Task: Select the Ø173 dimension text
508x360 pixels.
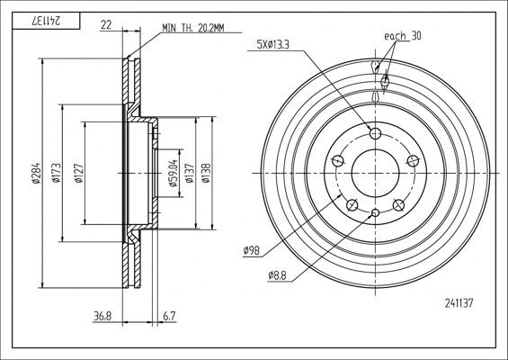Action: click(x=55, y=173)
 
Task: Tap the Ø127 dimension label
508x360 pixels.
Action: click(x=78, y=173)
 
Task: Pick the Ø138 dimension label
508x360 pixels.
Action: click(x=206, y=173)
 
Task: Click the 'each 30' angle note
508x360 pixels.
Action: click(x=403, y=36)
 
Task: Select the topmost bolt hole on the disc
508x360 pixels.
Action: click(x=375, y=133)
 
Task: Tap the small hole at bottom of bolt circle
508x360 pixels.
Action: click(x=375, y=212)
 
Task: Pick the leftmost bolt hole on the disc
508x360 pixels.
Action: click(x=337, y=161)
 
